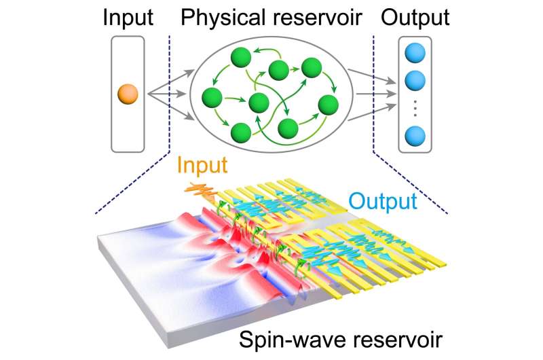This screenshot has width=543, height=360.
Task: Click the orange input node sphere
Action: [127, 93]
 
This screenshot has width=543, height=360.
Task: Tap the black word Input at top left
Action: [128, 18]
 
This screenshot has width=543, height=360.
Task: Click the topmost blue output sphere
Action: [414, 54]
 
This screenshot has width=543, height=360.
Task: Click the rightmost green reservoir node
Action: [328, 104]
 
